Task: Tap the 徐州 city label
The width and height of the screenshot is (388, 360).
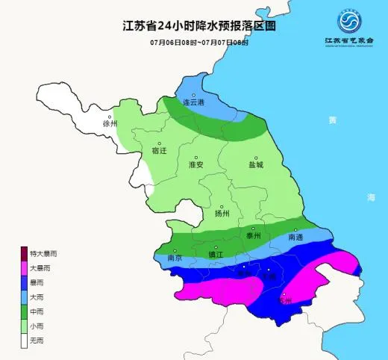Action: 110,123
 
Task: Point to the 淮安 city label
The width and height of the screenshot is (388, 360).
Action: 197,164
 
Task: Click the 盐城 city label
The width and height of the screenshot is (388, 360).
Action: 256,164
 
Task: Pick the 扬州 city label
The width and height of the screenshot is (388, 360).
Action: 222,213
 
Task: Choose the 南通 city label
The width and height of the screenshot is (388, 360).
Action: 295,237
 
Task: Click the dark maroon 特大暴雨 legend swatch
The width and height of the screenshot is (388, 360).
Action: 25,254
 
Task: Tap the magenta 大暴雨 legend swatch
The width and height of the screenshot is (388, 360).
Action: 25,267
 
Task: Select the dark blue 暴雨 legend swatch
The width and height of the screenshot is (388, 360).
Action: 25,281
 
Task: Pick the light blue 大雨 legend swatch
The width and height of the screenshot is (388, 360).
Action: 25,295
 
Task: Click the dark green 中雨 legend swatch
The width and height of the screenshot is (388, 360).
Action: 25,309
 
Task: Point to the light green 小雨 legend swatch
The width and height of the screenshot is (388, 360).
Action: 25,323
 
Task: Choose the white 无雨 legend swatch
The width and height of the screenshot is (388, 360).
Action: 25,338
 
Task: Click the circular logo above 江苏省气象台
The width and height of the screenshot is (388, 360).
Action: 349,20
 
